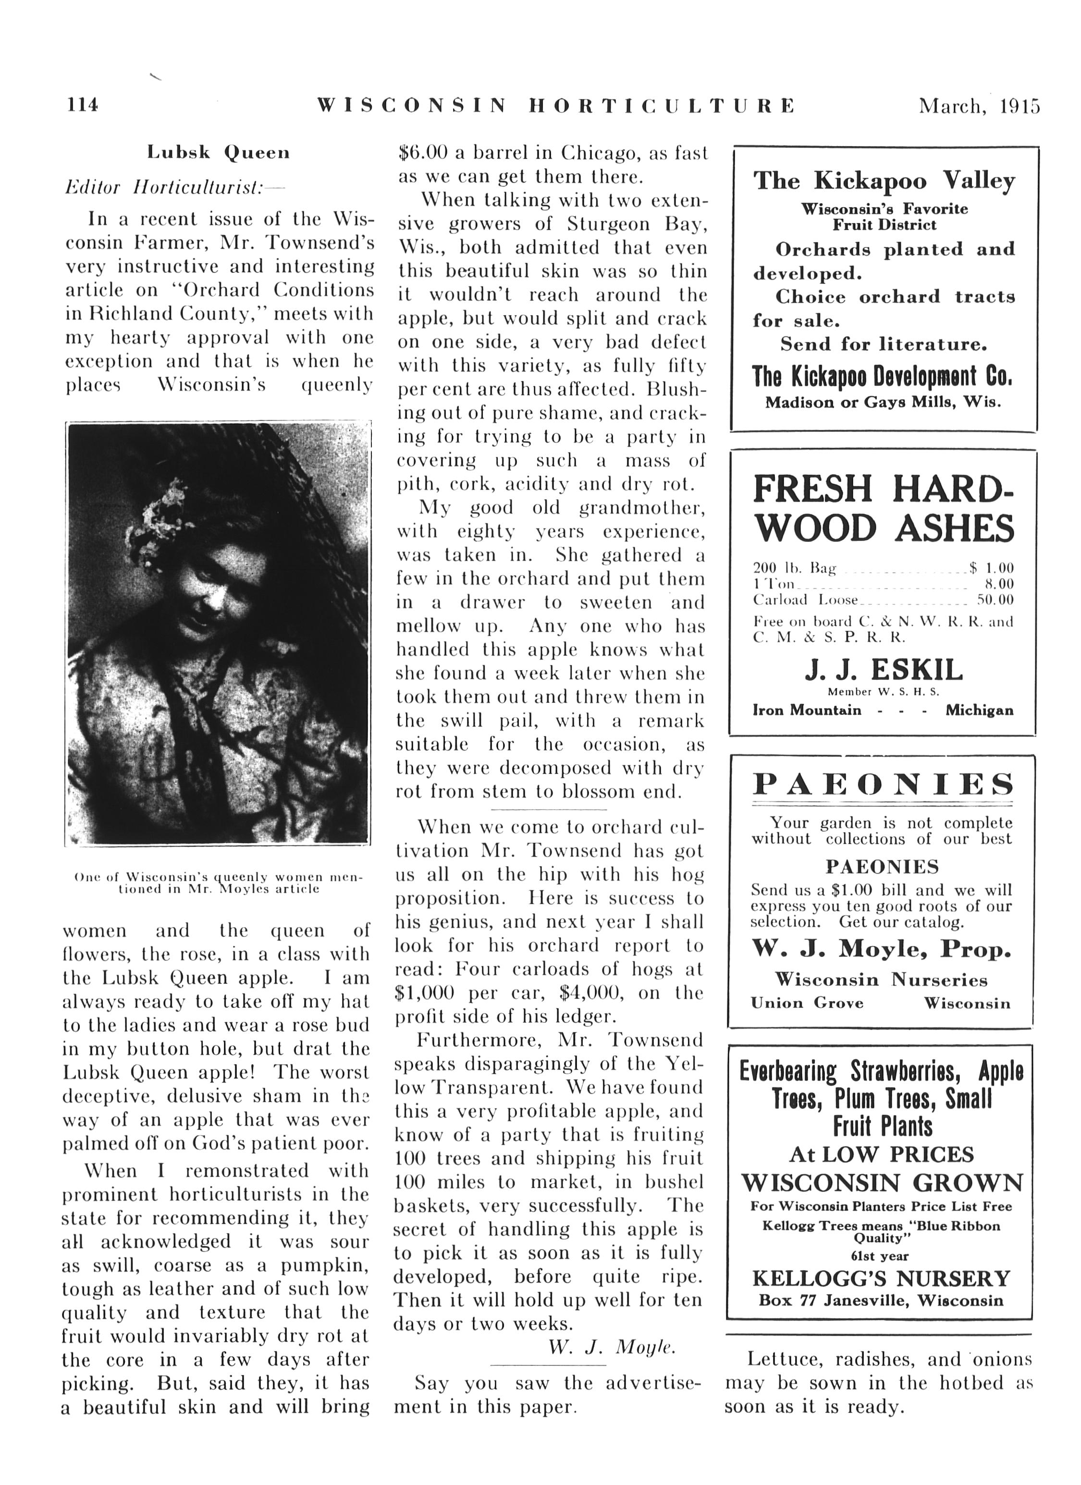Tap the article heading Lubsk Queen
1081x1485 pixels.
tap(218, 153)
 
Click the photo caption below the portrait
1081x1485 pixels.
tap(219, 883)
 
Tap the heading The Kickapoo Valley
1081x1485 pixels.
tap(884, 180)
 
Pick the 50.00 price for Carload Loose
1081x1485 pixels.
tap(995, 599)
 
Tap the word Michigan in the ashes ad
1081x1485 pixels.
tap(979, 711)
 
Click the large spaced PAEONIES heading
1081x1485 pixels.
tap(883, 784)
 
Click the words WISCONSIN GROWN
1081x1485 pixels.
tap(882, 1182)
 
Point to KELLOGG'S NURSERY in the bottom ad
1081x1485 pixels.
tap(881, 1278)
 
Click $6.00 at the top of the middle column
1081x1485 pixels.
tap(422, 153)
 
